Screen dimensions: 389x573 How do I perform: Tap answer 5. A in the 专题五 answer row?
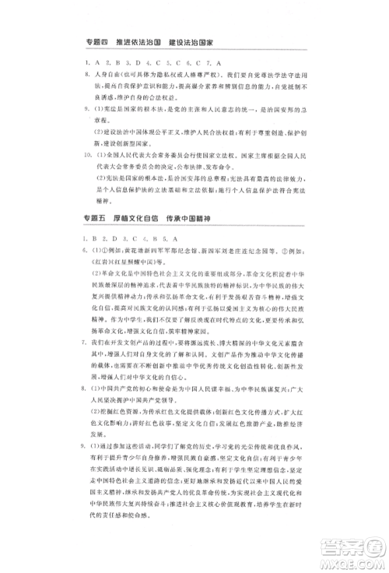coord(173,237)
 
